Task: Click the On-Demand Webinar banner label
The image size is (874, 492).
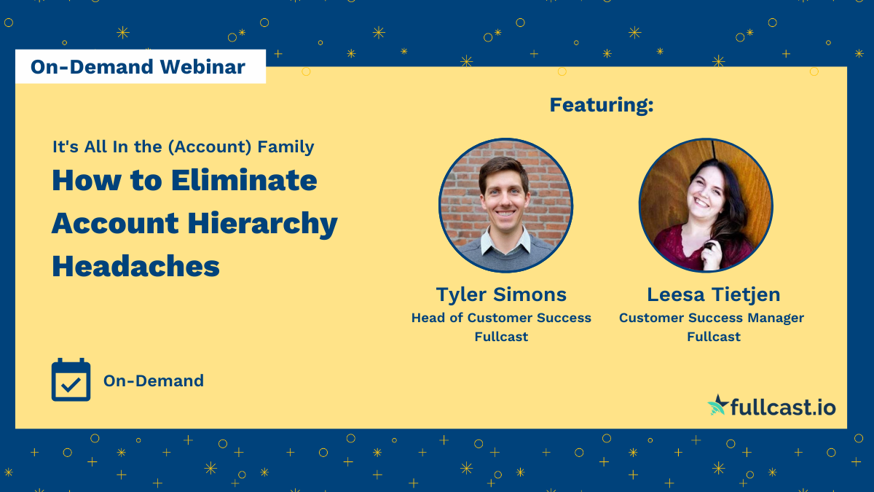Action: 138,67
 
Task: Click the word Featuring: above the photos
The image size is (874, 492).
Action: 601,105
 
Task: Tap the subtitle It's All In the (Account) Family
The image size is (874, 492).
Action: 183,147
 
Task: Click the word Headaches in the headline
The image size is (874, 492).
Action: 135,266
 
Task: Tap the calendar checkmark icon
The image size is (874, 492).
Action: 71,380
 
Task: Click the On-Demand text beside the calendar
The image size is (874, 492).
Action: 153,380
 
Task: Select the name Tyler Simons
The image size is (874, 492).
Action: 501,294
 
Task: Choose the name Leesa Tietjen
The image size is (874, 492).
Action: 713,294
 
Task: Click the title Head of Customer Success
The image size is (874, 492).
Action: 501,318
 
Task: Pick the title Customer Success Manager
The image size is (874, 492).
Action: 712,318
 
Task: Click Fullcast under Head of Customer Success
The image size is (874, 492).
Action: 501,337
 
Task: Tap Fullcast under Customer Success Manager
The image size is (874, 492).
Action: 714,337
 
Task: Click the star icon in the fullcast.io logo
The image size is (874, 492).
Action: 718,405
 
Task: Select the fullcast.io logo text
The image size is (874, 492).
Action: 784,407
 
